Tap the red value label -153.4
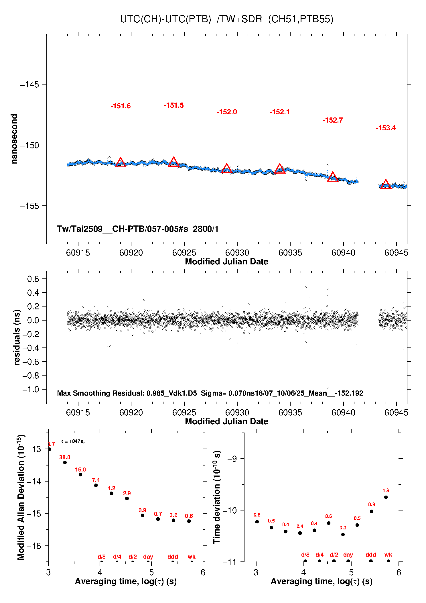click(x=385, y=128)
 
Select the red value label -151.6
click(x=121, y=106)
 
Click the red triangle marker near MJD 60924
click(x=173, y=162)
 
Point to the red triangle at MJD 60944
click(x=386, y=185)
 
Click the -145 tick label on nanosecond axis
click(x=29, y=85)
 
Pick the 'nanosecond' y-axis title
click(x=14, y=139)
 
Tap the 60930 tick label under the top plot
click(x=237, y=253)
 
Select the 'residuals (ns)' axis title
click(x=17, y=337)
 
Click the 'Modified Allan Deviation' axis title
click(x=21, y=497)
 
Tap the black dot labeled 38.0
click(x=65, y=463)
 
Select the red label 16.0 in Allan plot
click(x=80, y=470)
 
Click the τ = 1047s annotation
click(x=73, y=441)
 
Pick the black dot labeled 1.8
click(x=386, y=497)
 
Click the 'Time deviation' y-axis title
click(x=217, y=497)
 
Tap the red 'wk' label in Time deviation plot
click(x=388, y=555)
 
